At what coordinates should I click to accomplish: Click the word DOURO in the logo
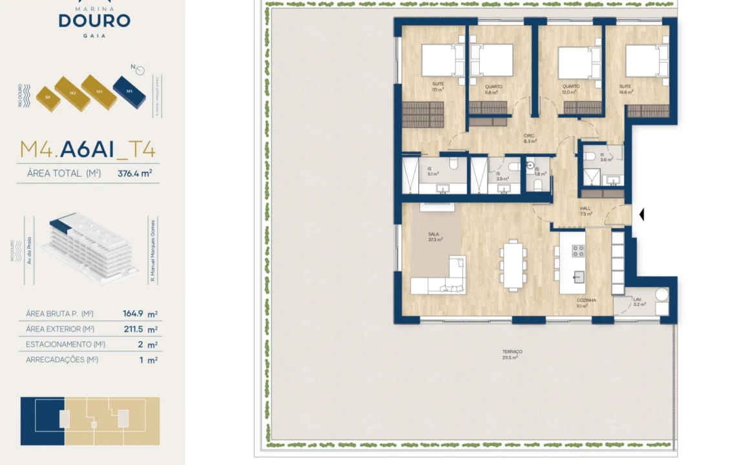click(x=94, y=20)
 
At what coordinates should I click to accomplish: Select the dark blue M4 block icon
click(x=129, y=90)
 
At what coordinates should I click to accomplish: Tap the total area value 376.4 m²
click(x=134, y=173)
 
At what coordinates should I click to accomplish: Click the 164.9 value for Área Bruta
click(x=133, y=314)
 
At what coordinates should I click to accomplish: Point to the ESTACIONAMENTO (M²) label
click(x=65, y=345)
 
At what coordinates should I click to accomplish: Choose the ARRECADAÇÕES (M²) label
click(x=62, y=360)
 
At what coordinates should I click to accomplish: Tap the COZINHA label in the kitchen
click(x=586, y=301)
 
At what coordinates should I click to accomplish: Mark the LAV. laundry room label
click(x=637, y=300)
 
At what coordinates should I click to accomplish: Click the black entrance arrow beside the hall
click(x=641, y=214)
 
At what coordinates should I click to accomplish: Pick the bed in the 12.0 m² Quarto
click(x=575, y=62)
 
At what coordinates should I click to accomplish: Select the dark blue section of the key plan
click(x=43, y=421)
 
